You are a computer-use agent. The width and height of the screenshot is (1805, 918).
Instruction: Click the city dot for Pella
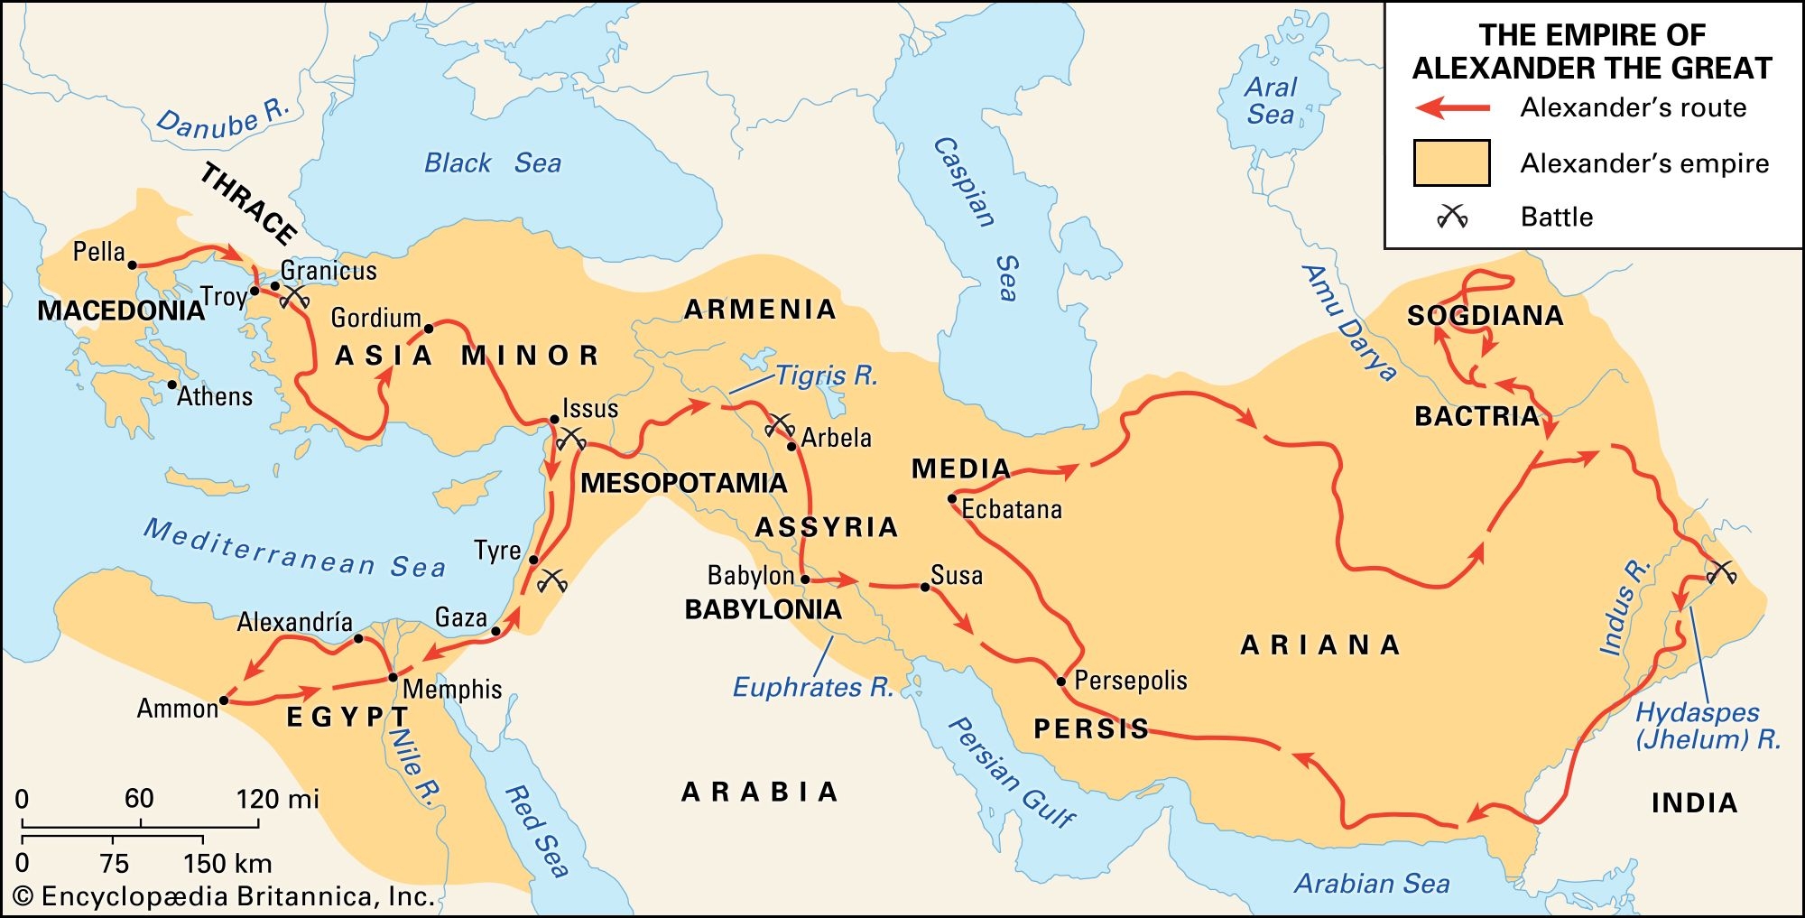132,265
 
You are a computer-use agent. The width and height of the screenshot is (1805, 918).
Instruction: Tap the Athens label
215,396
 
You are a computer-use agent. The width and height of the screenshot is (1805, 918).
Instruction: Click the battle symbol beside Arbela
779,424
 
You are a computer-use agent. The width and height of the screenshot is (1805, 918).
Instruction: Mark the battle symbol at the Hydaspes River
1721,571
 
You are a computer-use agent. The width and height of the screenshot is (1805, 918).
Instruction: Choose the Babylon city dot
805,580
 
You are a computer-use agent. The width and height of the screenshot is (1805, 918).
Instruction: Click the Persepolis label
1130,681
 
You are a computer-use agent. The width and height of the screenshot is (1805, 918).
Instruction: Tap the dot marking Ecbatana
952,498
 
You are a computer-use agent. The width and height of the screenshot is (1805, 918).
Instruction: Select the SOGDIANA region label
1485,316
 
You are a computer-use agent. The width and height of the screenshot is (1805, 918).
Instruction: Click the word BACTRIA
1476,416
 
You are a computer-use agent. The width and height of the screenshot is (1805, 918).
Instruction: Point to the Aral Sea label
1270,101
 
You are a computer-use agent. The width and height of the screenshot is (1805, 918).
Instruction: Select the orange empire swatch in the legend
1451,163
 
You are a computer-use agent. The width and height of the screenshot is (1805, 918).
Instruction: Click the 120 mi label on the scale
277,799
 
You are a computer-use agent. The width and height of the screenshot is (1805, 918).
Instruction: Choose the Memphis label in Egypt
451,690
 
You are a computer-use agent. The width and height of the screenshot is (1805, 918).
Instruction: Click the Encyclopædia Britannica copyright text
226,896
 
